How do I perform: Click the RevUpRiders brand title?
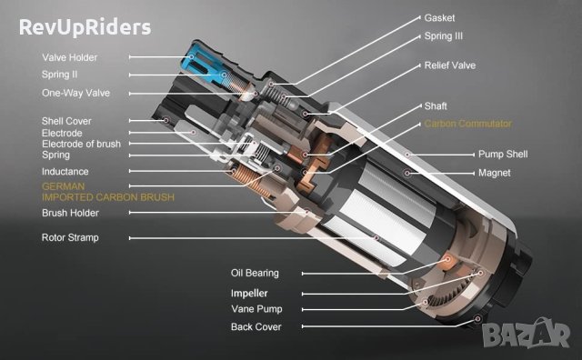tap(85, 27)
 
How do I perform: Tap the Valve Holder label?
tap(69, 57)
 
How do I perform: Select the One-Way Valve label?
tap(75, 93)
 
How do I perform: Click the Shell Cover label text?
tap(66, 121)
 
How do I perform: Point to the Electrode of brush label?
tap(81, 144)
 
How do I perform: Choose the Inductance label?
tap(65, 172)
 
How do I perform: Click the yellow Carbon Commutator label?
tap(467, 124)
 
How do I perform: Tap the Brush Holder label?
tap(70, 213)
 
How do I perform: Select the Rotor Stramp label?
tap(70, 237)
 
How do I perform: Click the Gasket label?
tap(439, 18)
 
